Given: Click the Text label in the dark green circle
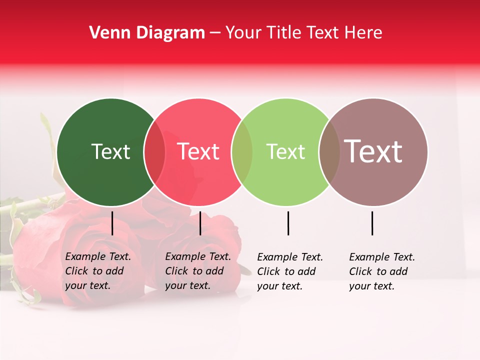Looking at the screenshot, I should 111,151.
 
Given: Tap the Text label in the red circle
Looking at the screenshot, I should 198,151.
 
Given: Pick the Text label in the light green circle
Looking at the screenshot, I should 285,151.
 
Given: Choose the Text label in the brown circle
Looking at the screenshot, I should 373,151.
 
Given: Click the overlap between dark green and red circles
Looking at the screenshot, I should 154,152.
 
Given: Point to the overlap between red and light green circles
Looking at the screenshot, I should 242,152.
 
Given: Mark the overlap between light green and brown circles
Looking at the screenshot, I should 329,152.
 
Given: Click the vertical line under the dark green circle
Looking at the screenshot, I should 112,223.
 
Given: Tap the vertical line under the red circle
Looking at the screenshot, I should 200,223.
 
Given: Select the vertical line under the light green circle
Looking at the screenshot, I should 288,223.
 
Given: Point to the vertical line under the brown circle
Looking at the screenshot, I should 372,223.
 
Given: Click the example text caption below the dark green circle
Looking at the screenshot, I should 98,271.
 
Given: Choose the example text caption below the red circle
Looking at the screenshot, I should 198,271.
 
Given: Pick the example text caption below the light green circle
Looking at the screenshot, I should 290,271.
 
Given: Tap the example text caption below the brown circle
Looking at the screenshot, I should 382,271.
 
